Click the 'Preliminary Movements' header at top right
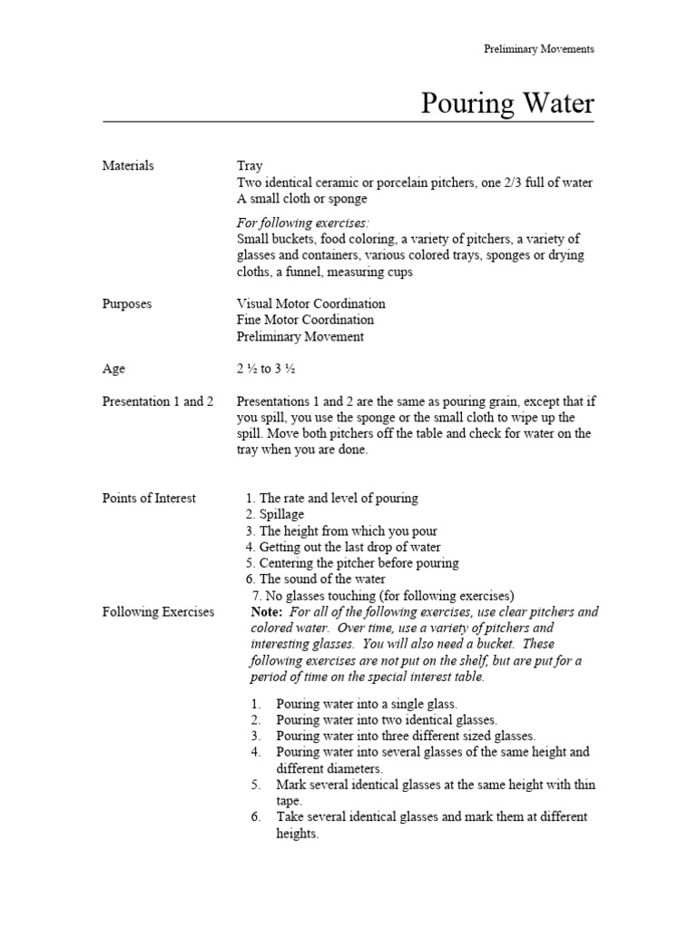click(x=538, y=49)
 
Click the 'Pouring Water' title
click(x=507, y=104)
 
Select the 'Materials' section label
click(x=128, y=165)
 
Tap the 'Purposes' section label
click(x=127, y=303)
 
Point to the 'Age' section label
click(x=113, y=369)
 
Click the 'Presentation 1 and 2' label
click(x=158, y=401)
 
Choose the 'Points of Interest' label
click(x=149, y=498)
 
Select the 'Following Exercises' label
click(x=158, y=612)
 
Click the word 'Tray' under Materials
click(x=250, y=166)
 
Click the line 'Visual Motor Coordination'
click(x=310, y=303)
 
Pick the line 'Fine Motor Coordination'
click(x=304, y=320)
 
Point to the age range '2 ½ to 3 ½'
click(x=266, y=370)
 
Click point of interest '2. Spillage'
click(x=275, y=514)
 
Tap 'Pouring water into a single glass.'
click(x=367, y=703)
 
